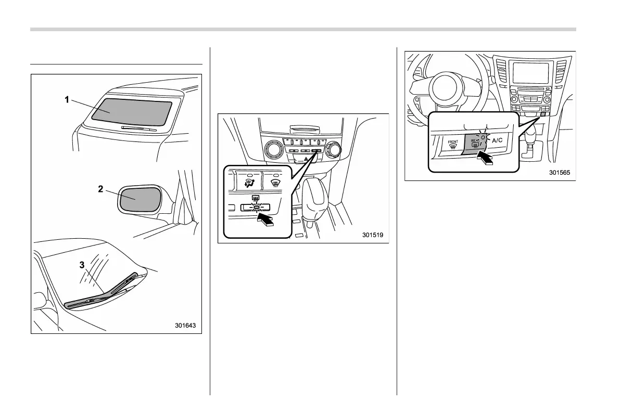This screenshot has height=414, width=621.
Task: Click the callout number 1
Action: [x=67, y=100]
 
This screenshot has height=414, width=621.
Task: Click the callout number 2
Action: [x=100, y=189]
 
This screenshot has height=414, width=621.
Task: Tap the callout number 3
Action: [x=82, y=265]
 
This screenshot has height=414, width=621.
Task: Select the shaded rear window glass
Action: [x=132, y=112]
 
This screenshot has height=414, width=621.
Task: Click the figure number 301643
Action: [x=185, y=326]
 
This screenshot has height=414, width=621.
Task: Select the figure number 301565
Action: [x=561, y=173]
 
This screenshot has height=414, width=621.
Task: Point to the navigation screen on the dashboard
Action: [x=530, y=73]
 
